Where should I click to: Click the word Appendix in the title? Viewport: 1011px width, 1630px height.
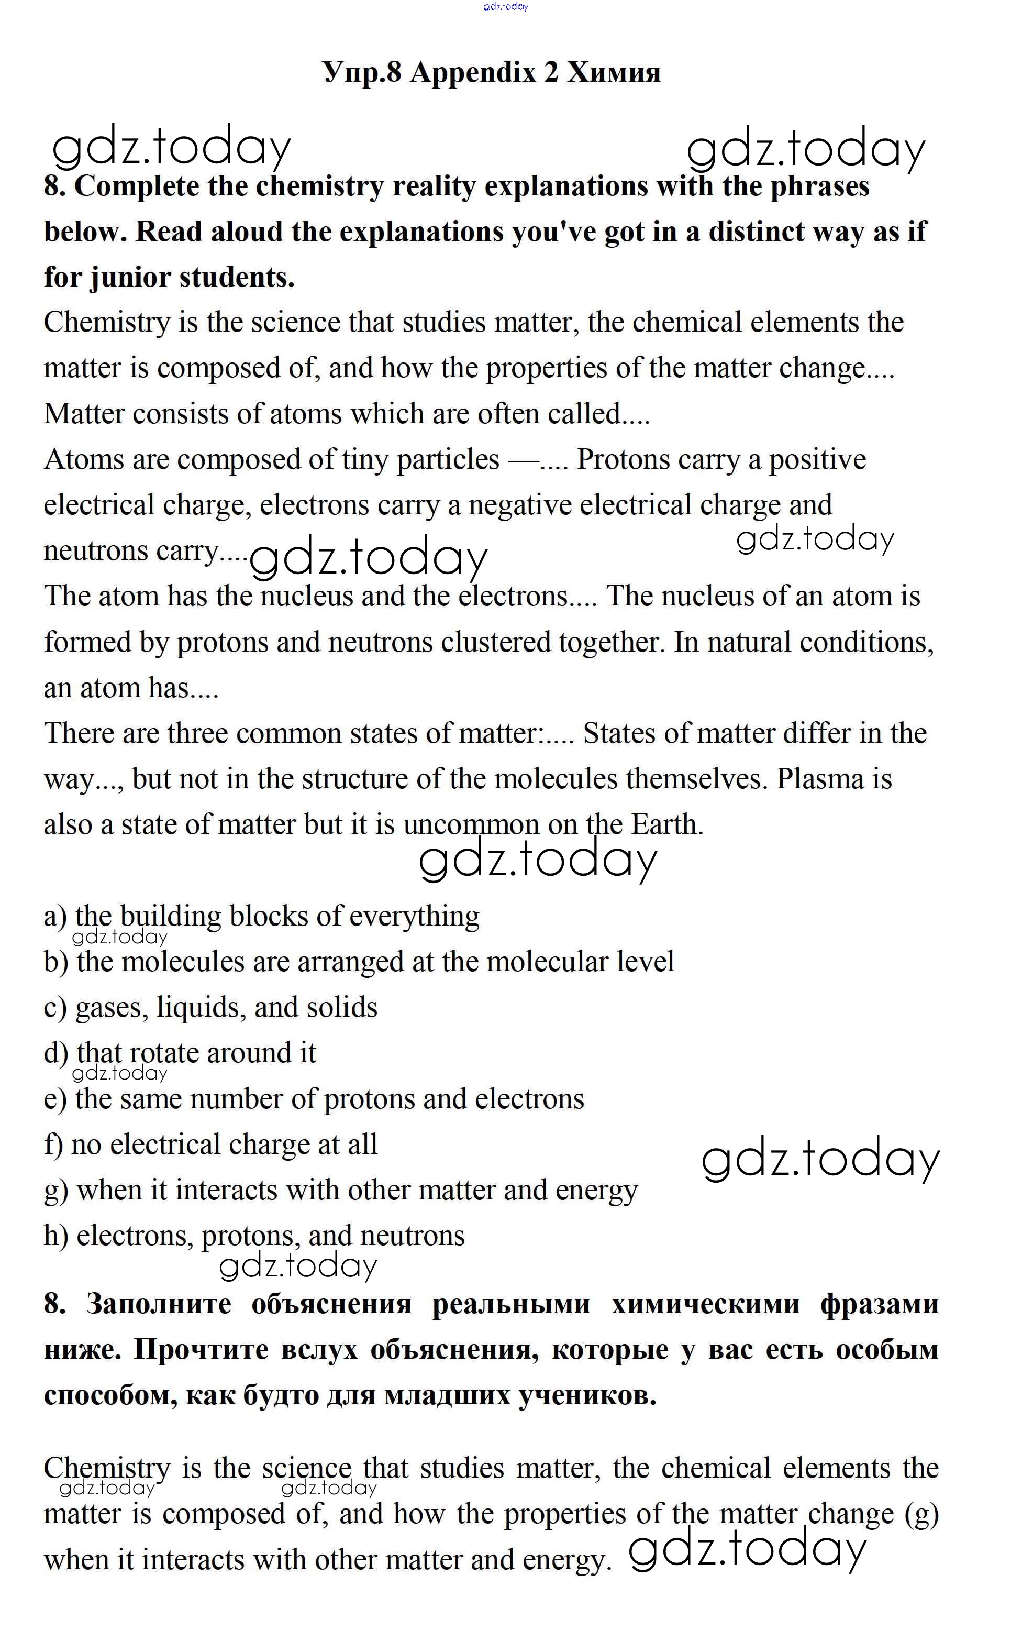coord(473,72)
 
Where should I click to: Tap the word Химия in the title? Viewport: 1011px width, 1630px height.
coord(614,72)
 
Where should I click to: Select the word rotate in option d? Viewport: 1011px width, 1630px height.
coord(164,1053)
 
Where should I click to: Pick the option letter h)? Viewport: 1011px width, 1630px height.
coord(56,1236)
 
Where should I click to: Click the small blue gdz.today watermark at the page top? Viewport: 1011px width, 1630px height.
coord(506,7)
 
